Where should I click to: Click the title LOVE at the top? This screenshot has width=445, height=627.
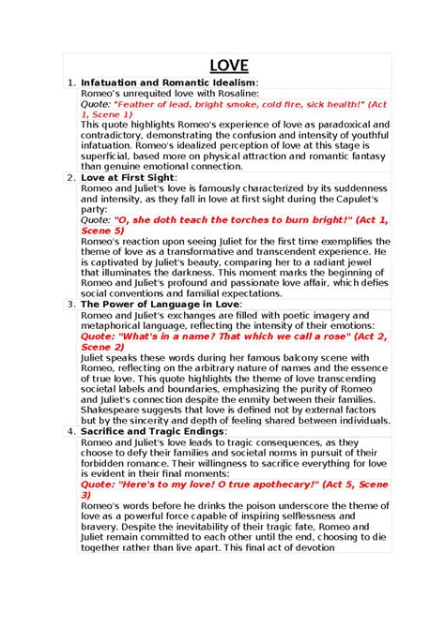pos(228,65)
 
